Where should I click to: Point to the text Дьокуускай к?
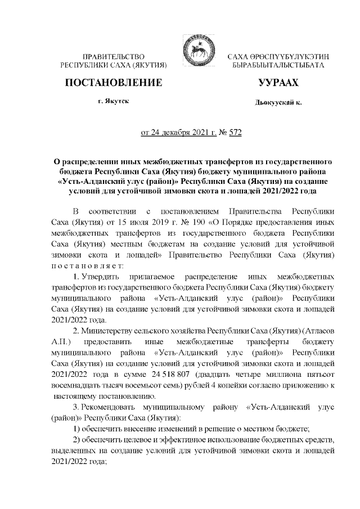pyautogui.click(x=278, y=104)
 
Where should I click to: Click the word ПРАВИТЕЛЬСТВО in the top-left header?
pyautogui.click(x=114, y=57)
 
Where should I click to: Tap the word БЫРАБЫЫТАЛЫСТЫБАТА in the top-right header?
pyautogui.click(x=279, y=66)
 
